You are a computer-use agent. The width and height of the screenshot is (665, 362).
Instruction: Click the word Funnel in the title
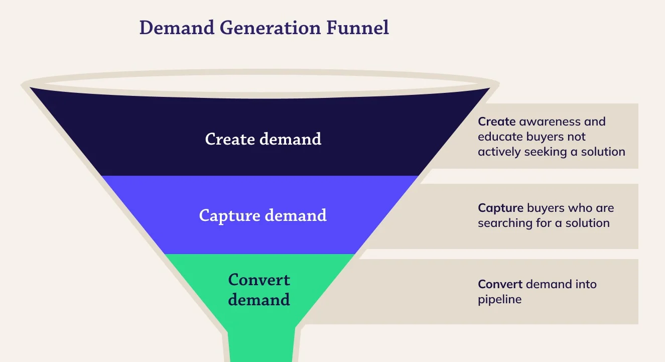358,28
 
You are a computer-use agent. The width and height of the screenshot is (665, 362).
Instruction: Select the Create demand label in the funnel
263,139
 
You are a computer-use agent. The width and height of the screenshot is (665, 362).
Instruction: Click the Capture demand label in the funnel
262,215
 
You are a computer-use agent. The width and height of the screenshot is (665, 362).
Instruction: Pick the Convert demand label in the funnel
259,290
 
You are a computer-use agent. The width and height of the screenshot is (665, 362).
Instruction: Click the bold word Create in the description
496,122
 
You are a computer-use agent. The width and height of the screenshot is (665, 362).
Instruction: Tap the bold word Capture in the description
500,208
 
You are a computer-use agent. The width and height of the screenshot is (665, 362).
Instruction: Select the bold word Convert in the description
500,285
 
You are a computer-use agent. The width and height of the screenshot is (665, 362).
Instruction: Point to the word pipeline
499,300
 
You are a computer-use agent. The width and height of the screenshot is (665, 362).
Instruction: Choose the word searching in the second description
505,223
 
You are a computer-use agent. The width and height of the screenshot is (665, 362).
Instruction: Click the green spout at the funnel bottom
261,346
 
